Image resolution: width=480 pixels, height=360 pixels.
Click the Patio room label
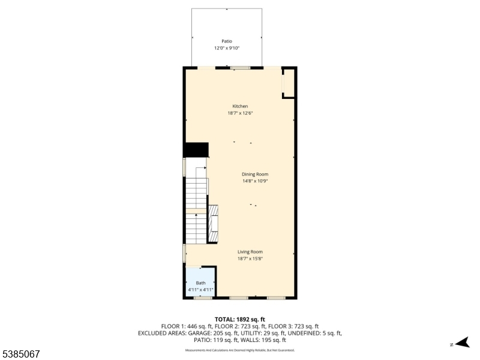pos(226,41)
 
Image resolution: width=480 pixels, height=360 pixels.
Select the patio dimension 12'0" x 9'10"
pos(226,48)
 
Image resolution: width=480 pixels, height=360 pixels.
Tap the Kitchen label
pos(240,106)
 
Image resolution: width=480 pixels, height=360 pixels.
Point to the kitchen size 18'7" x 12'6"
pos(240,113)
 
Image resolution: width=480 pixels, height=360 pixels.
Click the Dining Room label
pos(255,174)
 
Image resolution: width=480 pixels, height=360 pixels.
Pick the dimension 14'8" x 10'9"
pos(255,181)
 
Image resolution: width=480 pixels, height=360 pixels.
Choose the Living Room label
pos(250,252)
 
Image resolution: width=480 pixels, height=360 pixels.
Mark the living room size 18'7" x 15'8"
pos(250,259)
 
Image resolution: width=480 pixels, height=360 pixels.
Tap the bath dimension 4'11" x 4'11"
pos(200,290)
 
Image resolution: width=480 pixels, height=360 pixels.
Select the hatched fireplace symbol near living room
pos(213,223)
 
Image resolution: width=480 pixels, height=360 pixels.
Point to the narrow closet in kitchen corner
pos(289,83)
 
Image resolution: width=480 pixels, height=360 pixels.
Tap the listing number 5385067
pos(21,355)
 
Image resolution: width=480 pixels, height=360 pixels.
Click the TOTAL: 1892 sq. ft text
pos(240,319)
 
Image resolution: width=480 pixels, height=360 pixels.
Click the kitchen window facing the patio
pos(241,68)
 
